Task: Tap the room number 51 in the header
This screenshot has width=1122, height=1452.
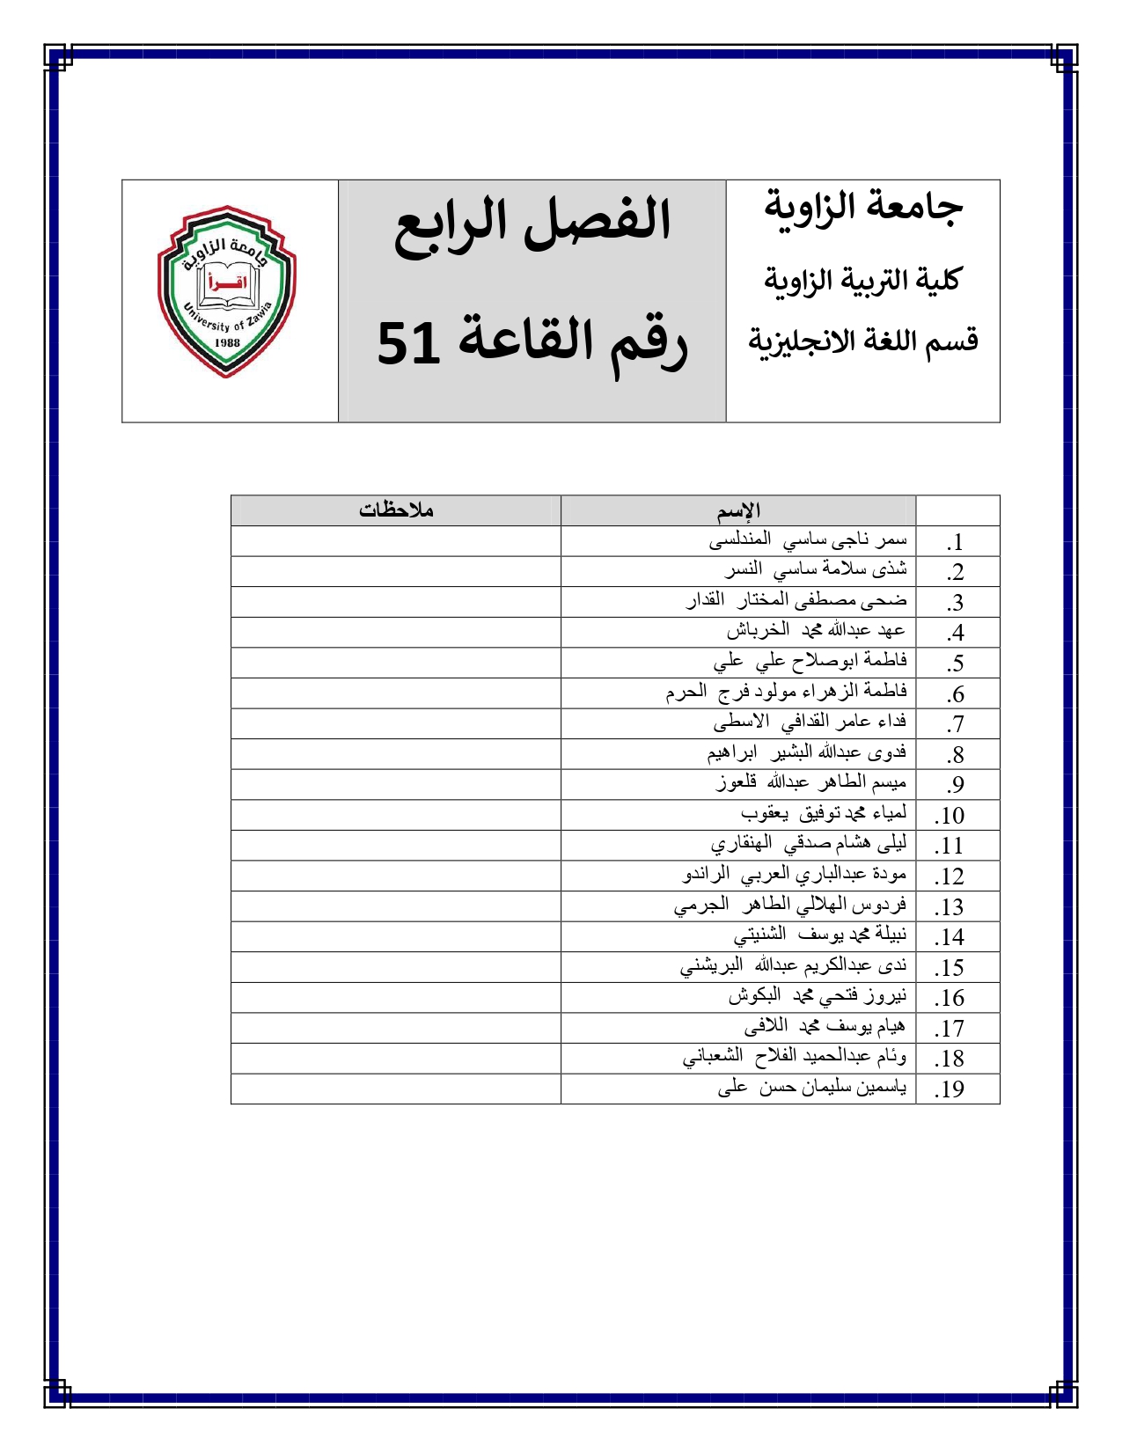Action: [x=408, y=343]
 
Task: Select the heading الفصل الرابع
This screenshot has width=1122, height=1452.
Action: [x=532, y=221]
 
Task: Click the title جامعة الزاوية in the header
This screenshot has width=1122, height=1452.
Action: [x=863, y=207]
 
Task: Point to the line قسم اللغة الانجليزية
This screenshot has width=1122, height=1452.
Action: [x=863, y=341]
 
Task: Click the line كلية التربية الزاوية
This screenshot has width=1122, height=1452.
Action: [x=862, y=280]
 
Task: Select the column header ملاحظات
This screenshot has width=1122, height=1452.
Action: [x=396, y=510]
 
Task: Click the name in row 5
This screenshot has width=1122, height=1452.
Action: [x=810, y=661]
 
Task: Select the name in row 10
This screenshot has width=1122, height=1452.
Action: [x=823, y=813]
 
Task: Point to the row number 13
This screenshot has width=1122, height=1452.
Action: [x=950, y=907]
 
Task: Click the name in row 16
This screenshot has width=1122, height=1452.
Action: [x=817, y=996]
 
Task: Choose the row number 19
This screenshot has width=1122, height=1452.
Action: [x=950, y=1089]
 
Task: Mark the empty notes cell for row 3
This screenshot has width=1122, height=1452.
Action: [x=396, y=602]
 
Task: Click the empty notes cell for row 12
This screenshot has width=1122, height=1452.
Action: [x=396, y=876]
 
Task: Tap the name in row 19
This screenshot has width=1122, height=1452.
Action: [x=811, y=1088]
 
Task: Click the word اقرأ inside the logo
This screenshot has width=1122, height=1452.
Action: [x=226, y=283]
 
